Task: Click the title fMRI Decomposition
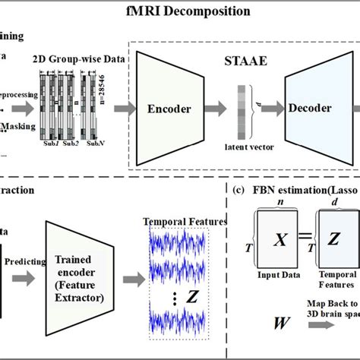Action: tap(180, 11)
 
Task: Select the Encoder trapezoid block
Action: tap(169, 108)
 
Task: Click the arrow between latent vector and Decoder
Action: tap(268, 109)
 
